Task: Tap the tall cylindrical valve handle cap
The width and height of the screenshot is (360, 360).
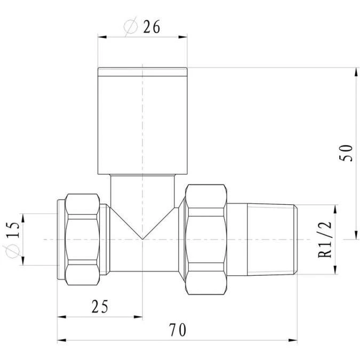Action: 142,121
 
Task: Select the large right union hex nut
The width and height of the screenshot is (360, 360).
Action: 205,239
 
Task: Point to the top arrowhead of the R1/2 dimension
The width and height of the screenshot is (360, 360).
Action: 335,207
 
